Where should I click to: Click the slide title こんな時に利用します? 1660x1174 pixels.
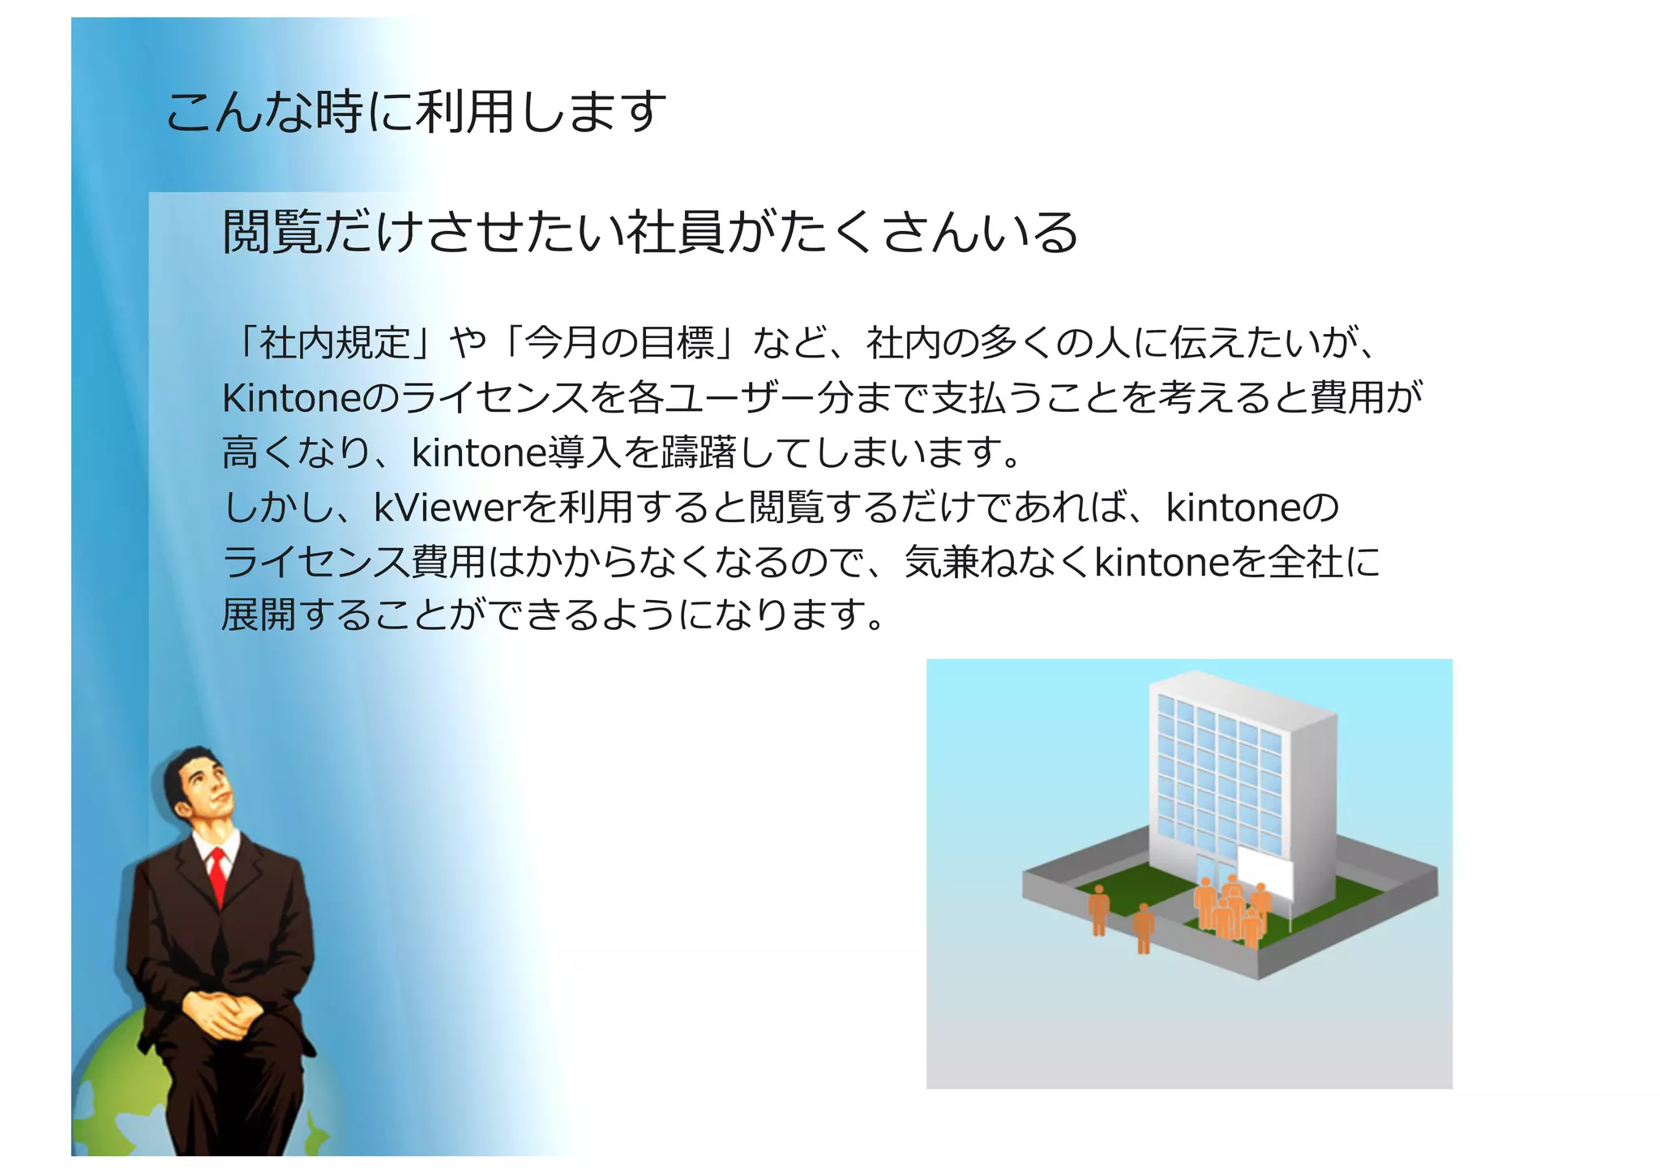point(416,112)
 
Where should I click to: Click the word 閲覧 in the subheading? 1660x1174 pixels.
point(272,232)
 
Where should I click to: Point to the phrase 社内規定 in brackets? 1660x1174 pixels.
point(334,343)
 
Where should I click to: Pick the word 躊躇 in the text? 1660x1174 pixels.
point(698,453)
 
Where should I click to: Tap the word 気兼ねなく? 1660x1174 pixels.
point(998,562)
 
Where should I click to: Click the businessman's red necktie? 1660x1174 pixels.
point(217,876)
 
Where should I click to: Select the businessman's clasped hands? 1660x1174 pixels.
point(220,1013)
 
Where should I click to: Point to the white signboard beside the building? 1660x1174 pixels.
point(1265,872)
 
